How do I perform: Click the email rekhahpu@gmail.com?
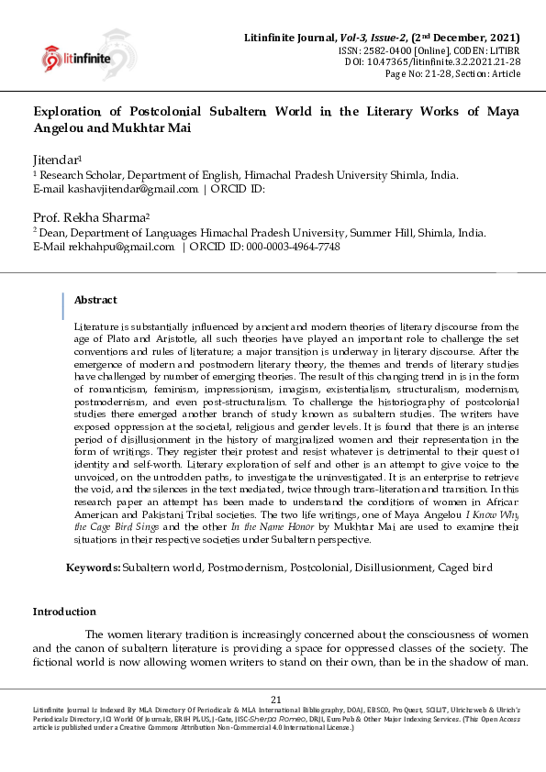(120, 247)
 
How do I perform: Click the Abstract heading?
(95, 300)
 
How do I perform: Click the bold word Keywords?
(93, 568)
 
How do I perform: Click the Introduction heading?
(64, 612)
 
